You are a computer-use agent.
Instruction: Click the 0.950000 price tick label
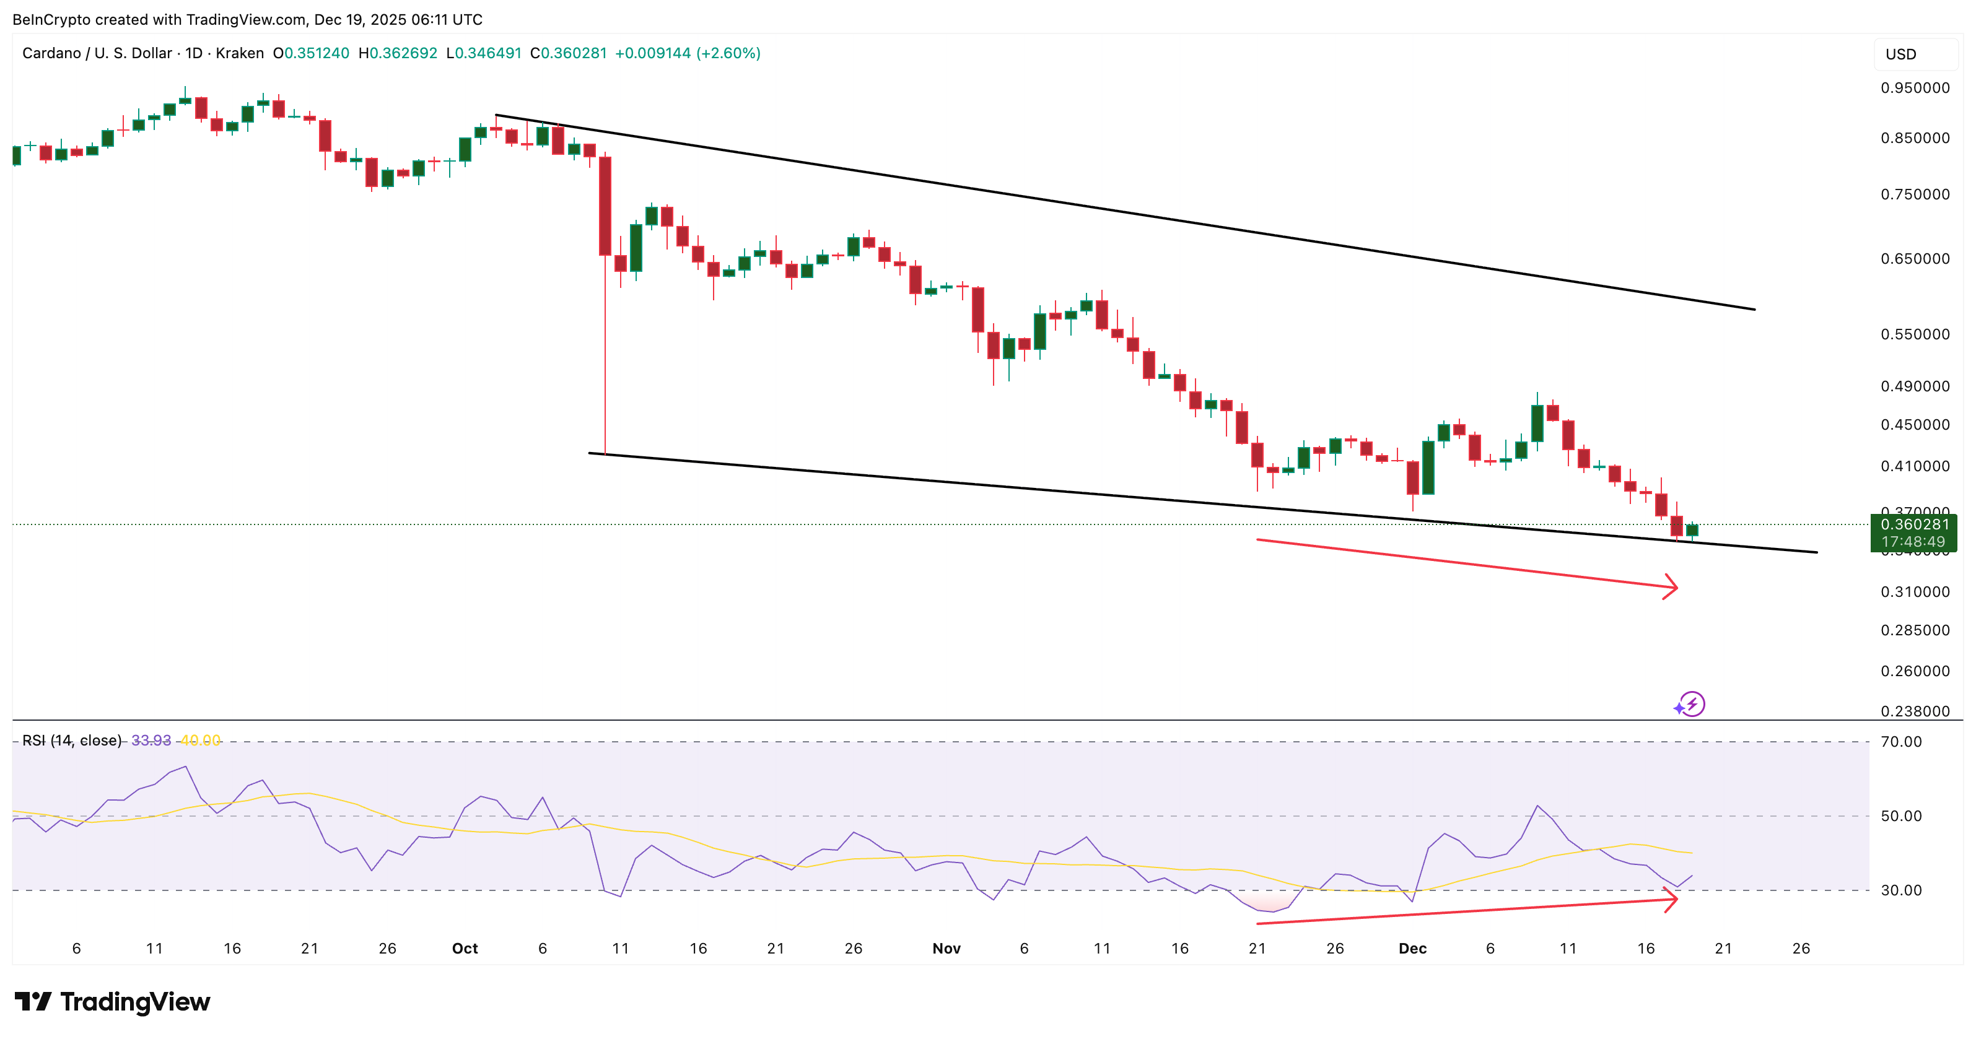tap(1915, 88)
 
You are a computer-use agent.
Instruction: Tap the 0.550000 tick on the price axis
tap(1915, 334)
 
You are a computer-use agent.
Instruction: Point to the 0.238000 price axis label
tap(1915, 711)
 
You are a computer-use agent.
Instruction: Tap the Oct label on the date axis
tap(465, 949)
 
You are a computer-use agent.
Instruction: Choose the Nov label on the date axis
tap(946, 949)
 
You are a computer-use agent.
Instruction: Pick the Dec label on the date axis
tap(1412, 949)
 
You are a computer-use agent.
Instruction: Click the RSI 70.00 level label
tap(1901, 742)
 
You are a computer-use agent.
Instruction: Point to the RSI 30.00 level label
tap(1901, 890)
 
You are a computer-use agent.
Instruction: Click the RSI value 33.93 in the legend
tap(151, 741)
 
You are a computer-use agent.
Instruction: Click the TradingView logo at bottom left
tap(112, 1001)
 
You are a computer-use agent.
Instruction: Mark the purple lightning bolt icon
tap(1692, 704)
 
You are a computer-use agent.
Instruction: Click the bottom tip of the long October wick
tap(605, 453)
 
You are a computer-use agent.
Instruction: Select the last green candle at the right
tap(1692, 530)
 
